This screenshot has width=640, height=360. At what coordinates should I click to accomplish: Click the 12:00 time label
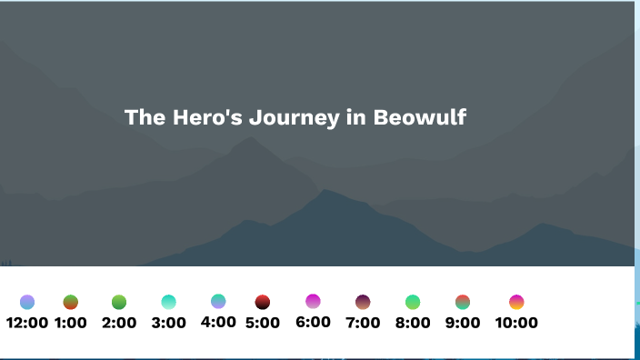pyautogui.click(x=27, y=323)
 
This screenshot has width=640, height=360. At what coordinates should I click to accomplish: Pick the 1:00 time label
pyautogui.click(x=71, y=323)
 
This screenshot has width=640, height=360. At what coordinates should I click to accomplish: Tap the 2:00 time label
pyautogui.click(x=119, y=323)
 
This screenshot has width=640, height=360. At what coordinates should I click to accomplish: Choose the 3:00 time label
pyautogui.click(x=168, y=323)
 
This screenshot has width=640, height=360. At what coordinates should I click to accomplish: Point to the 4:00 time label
pyautogui.click(x=218, y=322)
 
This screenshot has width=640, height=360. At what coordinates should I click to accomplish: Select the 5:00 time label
pyautogui.click(x=263, y=323)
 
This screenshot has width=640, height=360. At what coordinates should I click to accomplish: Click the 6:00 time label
pyautogui.click(x=313, y=322)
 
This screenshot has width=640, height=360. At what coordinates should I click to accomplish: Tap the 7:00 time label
pyautogui.click(x=363, y=323)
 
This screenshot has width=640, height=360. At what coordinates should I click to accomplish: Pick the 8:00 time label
pyautogui.click(x=413, y=323)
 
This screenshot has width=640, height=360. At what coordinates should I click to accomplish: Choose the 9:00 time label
pyautogui.click(x=463, y=323)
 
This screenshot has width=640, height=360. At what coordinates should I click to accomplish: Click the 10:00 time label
pyautogui.click(x=516, y=323)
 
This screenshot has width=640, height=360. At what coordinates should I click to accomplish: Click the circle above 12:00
pyautogui.click(x=27, y=302)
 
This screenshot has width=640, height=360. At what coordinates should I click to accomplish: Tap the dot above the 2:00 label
pyautogui.click(x=119, y=302)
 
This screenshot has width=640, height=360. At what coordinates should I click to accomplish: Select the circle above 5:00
pyautogui.click(x=263, y=302)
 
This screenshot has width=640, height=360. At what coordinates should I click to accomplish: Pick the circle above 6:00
pyautogui.click(x=313, y=301)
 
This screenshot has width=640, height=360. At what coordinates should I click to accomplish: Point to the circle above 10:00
pyautogui.click(x=516, y=302)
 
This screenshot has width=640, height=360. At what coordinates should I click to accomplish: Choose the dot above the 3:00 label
pyautogui.click(x=168, y=302)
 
